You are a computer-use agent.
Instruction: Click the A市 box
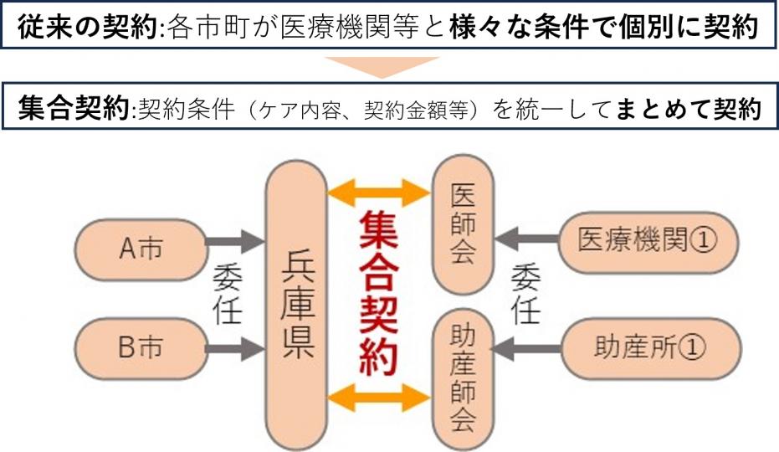(140, 249)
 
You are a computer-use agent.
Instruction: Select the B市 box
(140, 347)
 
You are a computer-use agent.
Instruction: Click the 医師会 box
(461, 223)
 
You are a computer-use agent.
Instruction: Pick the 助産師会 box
(461, 382)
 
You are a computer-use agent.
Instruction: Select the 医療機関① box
(648, 240)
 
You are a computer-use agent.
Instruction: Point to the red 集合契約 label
(379, 291)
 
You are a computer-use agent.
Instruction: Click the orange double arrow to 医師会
(379, 194)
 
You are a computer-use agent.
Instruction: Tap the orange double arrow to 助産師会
(379, 398)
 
